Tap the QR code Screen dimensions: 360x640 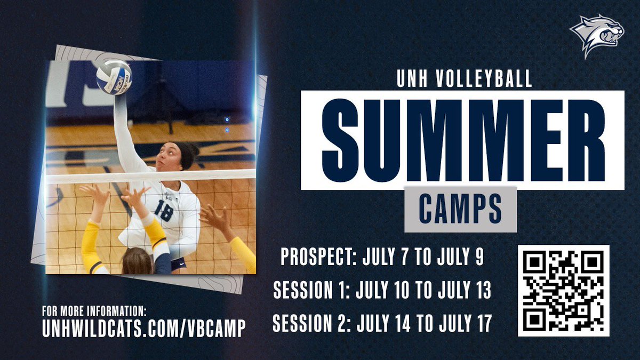coord(563,290)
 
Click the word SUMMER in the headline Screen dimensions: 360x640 coord(462,140)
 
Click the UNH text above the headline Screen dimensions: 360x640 coord(411,79)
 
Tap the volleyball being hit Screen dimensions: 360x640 coord(113,77)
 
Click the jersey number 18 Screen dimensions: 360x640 coord(163,211)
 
